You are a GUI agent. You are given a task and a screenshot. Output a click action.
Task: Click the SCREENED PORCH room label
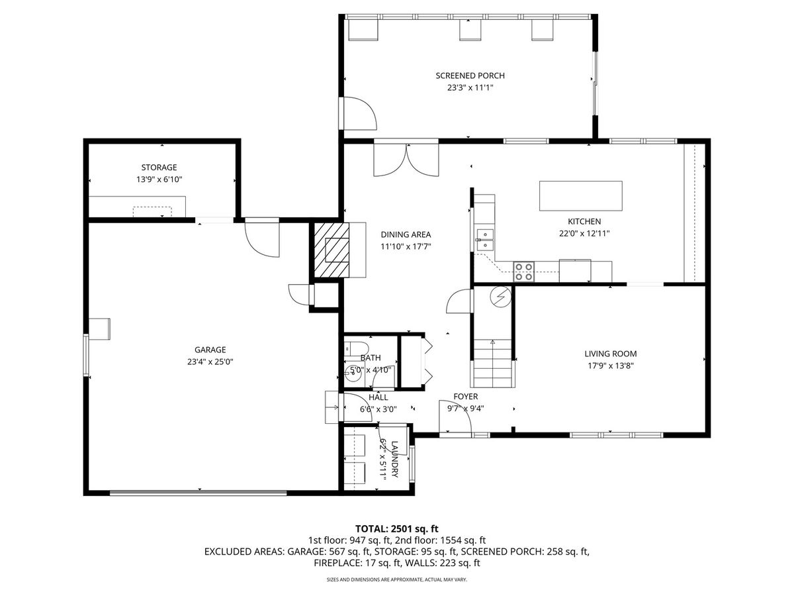tap(470, 75)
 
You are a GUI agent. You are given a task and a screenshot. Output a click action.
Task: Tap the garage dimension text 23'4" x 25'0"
tap(210, 362)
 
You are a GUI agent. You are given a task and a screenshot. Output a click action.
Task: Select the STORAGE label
tap(159, 167)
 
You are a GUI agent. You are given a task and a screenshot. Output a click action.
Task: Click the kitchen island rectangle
tap(580, 196)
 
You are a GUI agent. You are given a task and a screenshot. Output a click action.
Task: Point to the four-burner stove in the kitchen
tap(524, 272)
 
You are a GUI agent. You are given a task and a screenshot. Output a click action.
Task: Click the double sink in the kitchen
tap(484, 240)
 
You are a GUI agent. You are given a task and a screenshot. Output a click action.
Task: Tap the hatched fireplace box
tap(331, 250)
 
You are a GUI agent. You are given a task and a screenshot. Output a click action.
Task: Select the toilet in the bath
tap(356, 349)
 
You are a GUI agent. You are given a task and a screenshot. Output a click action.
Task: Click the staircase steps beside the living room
tap(492, 363)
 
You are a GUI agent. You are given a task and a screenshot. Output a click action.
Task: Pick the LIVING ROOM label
tap(611, 354)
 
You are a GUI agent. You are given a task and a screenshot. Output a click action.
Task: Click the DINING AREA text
tap(406, 234)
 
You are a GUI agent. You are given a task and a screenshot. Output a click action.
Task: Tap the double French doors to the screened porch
tap(406, 160)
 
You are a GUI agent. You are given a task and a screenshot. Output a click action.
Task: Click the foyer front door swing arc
tap(456, 416)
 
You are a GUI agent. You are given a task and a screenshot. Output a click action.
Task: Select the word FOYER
tap(466, 396)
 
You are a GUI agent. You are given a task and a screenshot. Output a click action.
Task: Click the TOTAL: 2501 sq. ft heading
tap(397, 529)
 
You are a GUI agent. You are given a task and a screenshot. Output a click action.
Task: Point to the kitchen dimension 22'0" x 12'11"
tap(584, 233)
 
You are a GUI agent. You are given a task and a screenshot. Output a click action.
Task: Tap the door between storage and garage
tap(262, 237)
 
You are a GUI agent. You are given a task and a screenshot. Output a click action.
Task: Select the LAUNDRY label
tap(394, 459)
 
